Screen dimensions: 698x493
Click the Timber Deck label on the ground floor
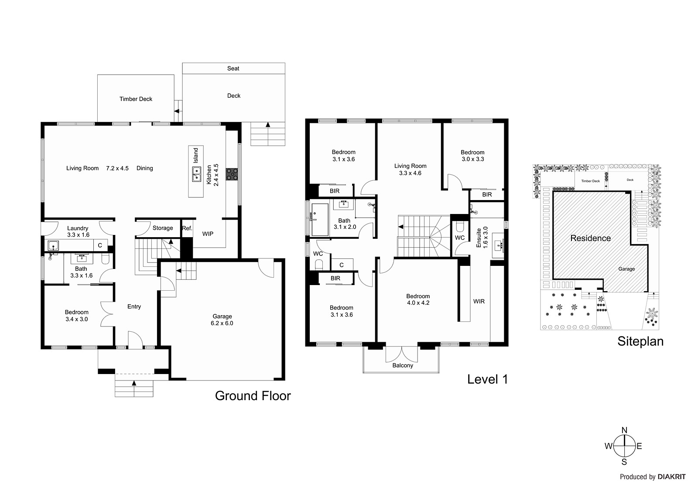pyautogui.click(x=136, y=99)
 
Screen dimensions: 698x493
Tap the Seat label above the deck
pyautogui.click(x=233, y=68)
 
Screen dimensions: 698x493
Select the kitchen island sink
pyautogui.click(x=196, y=174)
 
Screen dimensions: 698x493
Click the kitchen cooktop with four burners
pyautogui.click(x=232, y=174)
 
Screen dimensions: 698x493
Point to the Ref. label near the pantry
pyautogui.click(x=187, y=228)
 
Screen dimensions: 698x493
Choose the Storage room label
pyautogui.click(x=163, y=228)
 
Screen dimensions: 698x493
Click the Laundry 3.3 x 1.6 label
pyautogui.click(x=78, y=232)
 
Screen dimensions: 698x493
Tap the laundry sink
pyautogui.click(x=53, y=246)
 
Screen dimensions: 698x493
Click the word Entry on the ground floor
pyautogui.click(x=134, y=307)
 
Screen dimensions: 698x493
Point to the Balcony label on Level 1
pyautogui.click(x=403, y=366)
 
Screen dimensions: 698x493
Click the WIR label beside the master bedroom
pyautogui.click(x=479, y=302)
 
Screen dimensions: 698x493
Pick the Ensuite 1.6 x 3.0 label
pyautogui.click(x=482, y=237)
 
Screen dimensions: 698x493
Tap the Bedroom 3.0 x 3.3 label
pyautogui.click(x=473, y=156)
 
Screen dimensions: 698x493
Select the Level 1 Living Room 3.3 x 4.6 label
pyautogui.click(x=411, y=170)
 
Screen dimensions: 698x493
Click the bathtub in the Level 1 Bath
pyautogui.click(x=320, y=220)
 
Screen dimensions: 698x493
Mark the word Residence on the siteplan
pyautogui.click(x=591, y=238)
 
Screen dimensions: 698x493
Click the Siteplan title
pyautogui.click(x=640, y=342)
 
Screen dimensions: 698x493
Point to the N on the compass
pyautogui.click(x=624, y=430)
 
